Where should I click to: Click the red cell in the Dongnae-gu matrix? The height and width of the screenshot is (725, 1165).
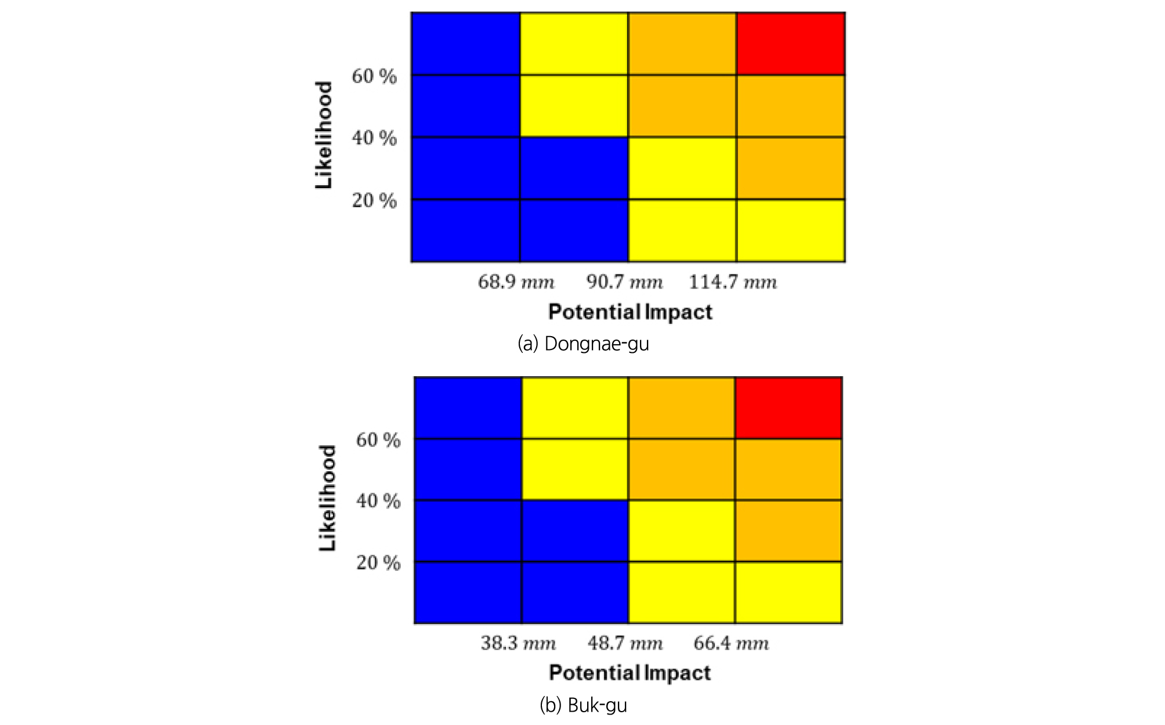(790, 44)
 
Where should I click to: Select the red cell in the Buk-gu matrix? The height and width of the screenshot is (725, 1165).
(788, 407)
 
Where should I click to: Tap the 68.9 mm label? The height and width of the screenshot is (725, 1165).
(516, 282)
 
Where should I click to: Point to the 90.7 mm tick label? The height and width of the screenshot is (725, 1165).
(624, 282)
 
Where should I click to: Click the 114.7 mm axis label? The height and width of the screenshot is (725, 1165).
(733, 282)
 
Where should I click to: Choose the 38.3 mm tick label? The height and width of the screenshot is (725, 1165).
(518, 643)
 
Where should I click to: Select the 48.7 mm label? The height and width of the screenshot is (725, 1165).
(625, 643)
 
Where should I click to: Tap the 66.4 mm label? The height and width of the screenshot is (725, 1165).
(731, 643)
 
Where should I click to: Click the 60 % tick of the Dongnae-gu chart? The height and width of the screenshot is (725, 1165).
(374, 76)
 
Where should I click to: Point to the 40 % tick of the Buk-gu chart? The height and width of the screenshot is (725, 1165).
(378, 500)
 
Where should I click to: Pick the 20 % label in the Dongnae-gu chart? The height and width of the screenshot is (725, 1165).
(374, 200)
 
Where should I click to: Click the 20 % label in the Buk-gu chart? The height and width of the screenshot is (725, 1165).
(378, 562)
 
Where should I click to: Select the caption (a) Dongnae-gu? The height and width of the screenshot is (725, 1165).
(583, 344)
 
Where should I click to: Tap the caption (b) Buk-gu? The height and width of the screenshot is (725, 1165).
(583, 705)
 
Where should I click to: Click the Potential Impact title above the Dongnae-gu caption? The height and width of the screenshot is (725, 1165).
(630, 312)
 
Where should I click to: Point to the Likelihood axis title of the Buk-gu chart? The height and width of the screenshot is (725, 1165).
(327, 498)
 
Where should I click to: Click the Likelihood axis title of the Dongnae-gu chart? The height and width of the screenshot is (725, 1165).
(324, 135)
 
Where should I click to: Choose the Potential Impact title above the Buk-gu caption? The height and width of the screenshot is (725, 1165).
(629, 673)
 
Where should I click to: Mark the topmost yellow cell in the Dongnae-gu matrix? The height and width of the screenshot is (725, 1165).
(574, 44)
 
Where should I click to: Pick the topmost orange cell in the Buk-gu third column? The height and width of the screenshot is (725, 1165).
(682, 407)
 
